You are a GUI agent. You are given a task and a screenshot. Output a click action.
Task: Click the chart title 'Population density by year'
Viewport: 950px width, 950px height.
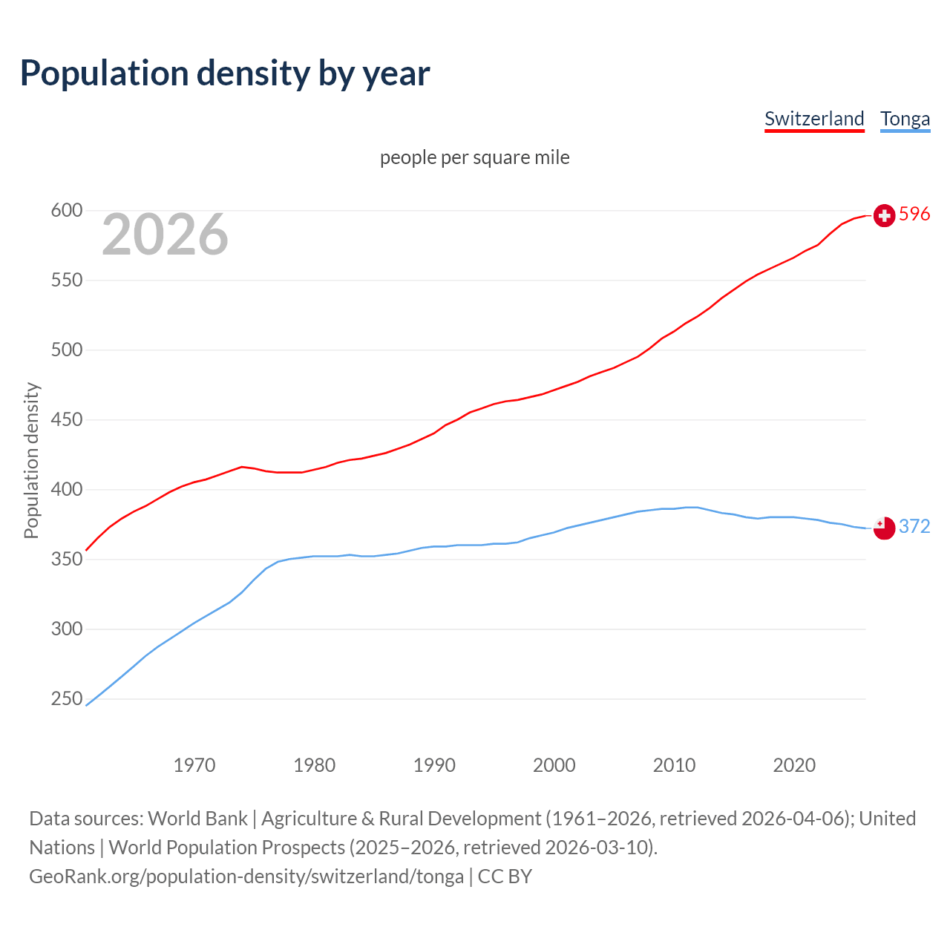coord(225,73)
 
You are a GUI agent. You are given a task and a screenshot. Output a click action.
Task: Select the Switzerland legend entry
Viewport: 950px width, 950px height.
coord(814,119)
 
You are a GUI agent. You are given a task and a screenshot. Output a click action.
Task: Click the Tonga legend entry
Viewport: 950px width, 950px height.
coord(905,119)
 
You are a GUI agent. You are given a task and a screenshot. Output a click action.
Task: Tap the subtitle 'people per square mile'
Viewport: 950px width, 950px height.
coord(474,157)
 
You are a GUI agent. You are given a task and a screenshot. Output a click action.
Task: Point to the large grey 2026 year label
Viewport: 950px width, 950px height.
coord(165,235)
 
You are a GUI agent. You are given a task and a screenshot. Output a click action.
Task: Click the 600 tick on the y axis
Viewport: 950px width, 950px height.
coord(66,211)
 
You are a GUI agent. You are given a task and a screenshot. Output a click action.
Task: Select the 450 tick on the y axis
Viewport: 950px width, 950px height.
coord(66,420)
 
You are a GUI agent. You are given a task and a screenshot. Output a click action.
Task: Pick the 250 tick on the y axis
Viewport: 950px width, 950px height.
coord(66,699)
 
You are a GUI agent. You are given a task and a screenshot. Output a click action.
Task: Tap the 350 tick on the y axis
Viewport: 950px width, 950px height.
coord(66,560)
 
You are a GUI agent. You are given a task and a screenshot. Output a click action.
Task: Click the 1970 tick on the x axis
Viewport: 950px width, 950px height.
coord(194,765)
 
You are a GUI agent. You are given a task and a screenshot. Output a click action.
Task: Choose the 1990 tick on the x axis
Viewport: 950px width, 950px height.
coord(434,765)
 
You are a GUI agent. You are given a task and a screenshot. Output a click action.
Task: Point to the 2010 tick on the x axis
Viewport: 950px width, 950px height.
coord(674,765)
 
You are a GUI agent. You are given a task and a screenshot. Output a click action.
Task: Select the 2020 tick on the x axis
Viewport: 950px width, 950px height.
coord(794,765)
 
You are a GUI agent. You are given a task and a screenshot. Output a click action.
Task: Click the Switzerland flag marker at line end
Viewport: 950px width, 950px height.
coord(884,215)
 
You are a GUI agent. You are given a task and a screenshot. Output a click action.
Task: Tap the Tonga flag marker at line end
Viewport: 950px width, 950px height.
coord(884,528)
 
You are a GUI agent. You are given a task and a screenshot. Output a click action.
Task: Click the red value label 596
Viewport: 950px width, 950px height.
coord(914,214)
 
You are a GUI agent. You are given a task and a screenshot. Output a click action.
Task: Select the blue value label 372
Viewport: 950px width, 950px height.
coord(914,527)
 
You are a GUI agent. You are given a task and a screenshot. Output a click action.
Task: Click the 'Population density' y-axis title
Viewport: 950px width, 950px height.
coord(31,460)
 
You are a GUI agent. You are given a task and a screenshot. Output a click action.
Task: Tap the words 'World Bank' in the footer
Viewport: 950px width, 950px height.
coord(197,819)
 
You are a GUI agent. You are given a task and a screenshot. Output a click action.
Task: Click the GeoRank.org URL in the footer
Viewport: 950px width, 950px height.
coord(246,877)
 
